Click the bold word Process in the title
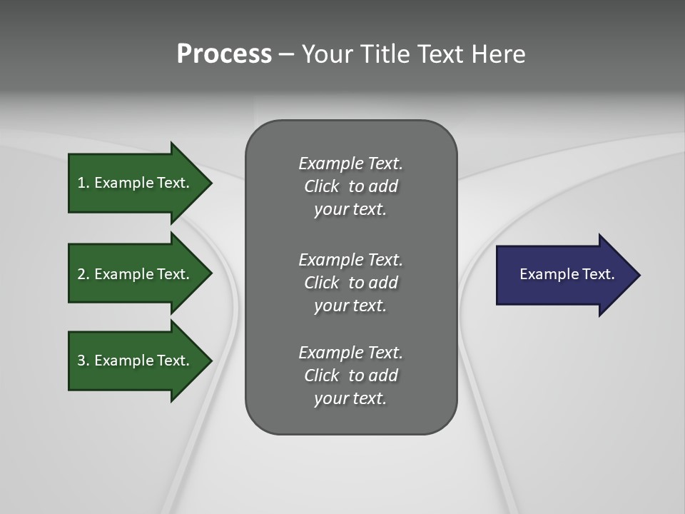224,54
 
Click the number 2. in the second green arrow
83,274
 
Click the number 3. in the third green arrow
83,361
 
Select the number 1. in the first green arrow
83,183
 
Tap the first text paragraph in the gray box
351,186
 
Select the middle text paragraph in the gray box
351,282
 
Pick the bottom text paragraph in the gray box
351,376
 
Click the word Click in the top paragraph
321,186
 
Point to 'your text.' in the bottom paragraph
350,398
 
